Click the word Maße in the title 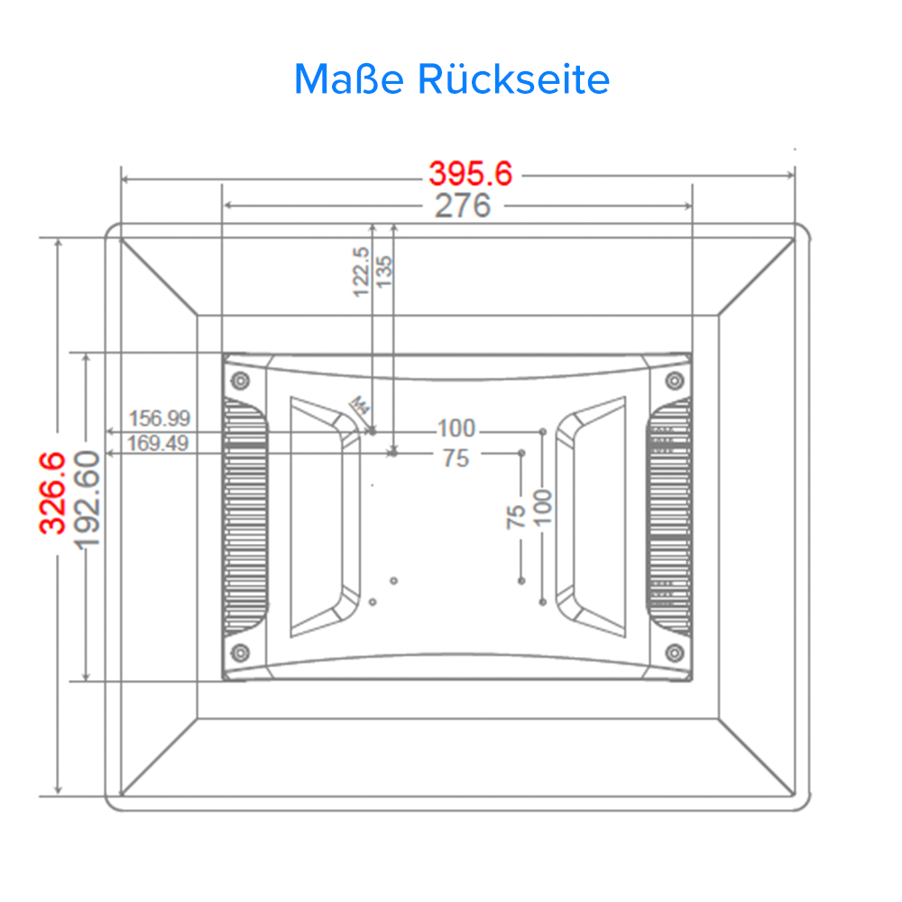[x=348, y=79]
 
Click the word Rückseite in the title [x=513, y=79]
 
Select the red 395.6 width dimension [x=470, y=172]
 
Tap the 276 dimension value [x=463, y=206]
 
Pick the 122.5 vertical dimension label [x=361, y=272]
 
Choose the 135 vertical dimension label [x=385, y=272]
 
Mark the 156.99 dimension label [x=160, y=419]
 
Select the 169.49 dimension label [x=160, y=442]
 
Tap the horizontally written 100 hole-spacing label [x=456, y=428]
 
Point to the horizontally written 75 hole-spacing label [x=456, y=458]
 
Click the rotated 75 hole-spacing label [x=516, y=516]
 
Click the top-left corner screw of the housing [x=240, y=381]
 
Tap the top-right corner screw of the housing [x=673, y=381]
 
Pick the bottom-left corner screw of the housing [x=240, y=651]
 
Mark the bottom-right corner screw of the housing [x=673, y=651]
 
